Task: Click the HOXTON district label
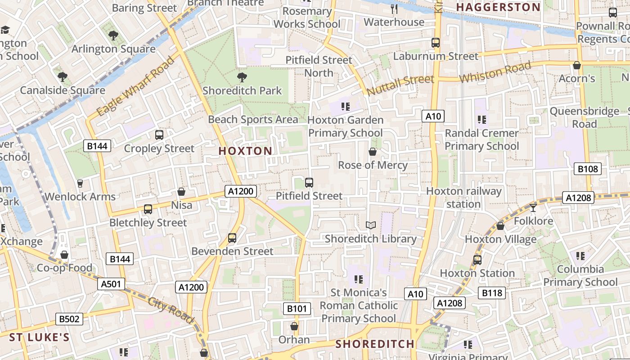pos(245,151)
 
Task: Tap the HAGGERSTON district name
pos(498,7)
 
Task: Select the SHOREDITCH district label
pos(375,344)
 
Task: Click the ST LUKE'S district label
pos(40,337)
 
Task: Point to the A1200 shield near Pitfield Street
pos(241,191)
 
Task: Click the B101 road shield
pos(297,309)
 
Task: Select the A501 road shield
pos(111,284)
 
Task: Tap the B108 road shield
pos(588,169)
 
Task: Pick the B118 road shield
pos(492,293)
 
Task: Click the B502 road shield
pos(69,319)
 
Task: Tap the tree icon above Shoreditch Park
pos(242,77)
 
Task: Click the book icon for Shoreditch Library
pos(370,225)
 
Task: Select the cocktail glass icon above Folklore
pos(533,207)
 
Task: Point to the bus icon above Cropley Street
pos(159,135)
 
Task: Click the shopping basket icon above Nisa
pos(181,192)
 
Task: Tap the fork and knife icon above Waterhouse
pos(394,9)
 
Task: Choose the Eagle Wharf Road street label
pos(135,86)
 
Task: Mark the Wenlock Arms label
pos(80,197)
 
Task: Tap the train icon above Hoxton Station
pos(477,260)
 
